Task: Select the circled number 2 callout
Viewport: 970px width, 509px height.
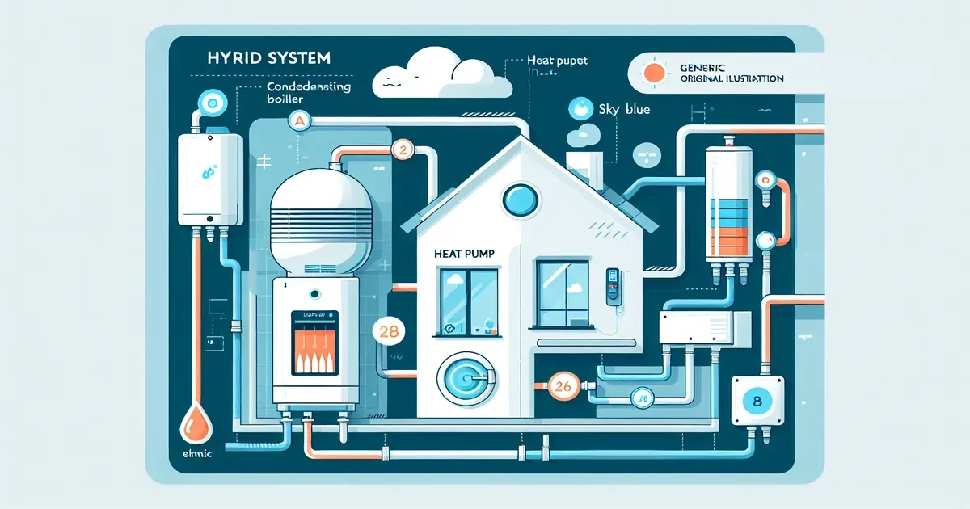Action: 402,149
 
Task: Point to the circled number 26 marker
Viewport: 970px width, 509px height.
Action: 562,387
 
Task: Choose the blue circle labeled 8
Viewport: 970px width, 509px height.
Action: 757,400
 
